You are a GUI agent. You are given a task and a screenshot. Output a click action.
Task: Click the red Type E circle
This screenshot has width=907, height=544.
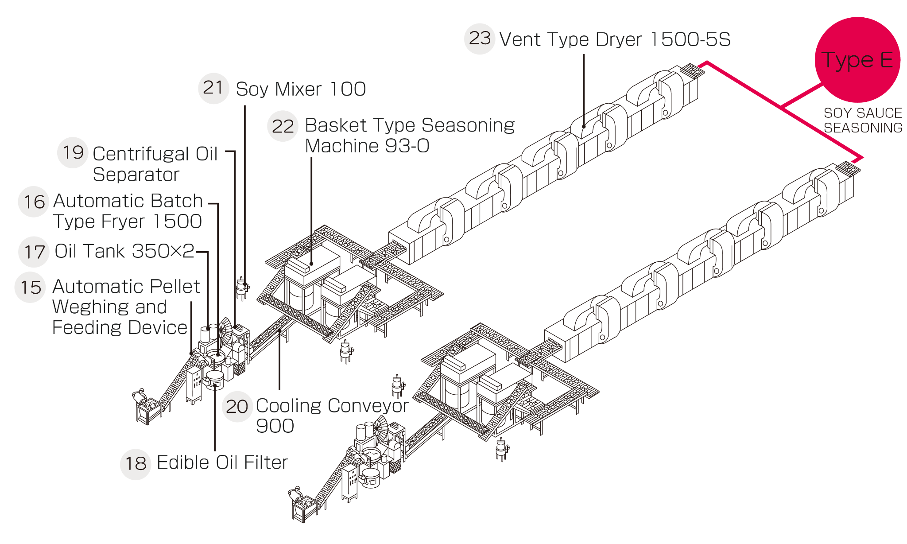point(857,60)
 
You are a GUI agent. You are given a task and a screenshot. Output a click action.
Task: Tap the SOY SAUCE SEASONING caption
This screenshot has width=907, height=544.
point(863,120)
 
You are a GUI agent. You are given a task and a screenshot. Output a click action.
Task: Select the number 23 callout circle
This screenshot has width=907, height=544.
point(480,39)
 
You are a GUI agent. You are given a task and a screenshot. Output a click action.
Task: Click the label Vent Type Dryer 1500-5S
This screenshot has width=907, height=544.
point(615,39)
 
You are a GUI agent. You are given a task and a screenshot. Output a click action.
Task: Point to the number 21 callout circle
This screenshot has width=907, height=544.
point(213,88)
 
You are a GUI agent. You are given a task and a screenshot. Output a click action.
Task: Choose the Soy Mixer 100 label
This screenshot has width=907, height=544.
point(301,89)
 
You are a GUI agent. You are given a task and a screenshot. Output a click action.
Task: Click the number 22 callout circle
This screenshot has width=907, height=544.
point(283,126)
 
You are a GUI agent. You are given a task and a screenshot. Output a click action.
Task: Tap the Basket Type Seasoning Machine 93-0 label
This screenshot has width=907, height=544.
point(410,135)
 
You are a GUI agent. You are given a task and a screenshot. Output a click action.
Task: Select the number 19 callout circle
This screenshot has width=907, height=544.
point(73,153)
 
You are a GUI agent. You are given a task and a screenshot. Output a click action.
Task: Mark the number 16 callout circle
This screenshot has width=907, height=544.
point(34,202)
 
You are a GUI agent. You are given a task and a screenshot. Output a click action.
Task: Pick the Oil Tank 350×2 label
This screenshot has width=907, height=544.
point(124,251)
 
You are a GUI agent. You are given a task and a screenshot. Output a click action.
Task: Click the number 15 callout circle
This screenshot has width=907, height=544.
point(30,288)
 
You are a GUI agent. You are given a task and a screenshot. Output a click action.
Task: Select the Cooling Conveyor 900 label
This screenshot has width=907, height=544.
point(332,416)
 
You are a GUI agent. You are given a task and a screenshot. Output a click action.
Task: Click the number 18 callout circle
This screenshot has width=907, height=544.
point(136,464)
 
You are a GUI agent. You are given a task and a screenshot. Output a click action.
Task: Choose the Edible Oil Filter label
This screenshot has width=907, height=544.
point(222,462)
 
